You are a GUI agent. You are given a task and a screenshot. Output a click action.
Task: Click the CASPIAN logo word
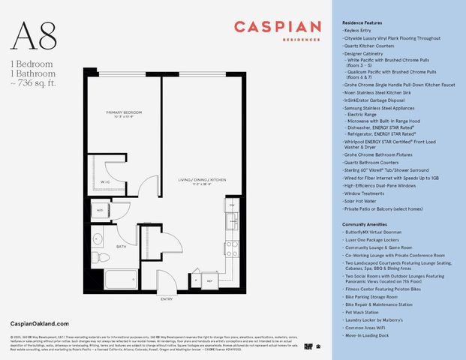coord(276,27)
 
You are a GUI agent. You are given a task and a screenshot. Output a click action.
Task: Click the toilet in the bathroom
coord(105,257)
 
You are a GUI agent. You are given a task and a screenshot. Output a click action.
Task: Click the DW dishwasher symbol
coord(232,205)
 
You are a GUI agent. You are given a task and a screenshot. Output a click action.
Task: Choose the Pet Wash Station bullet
coord(364,311)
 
